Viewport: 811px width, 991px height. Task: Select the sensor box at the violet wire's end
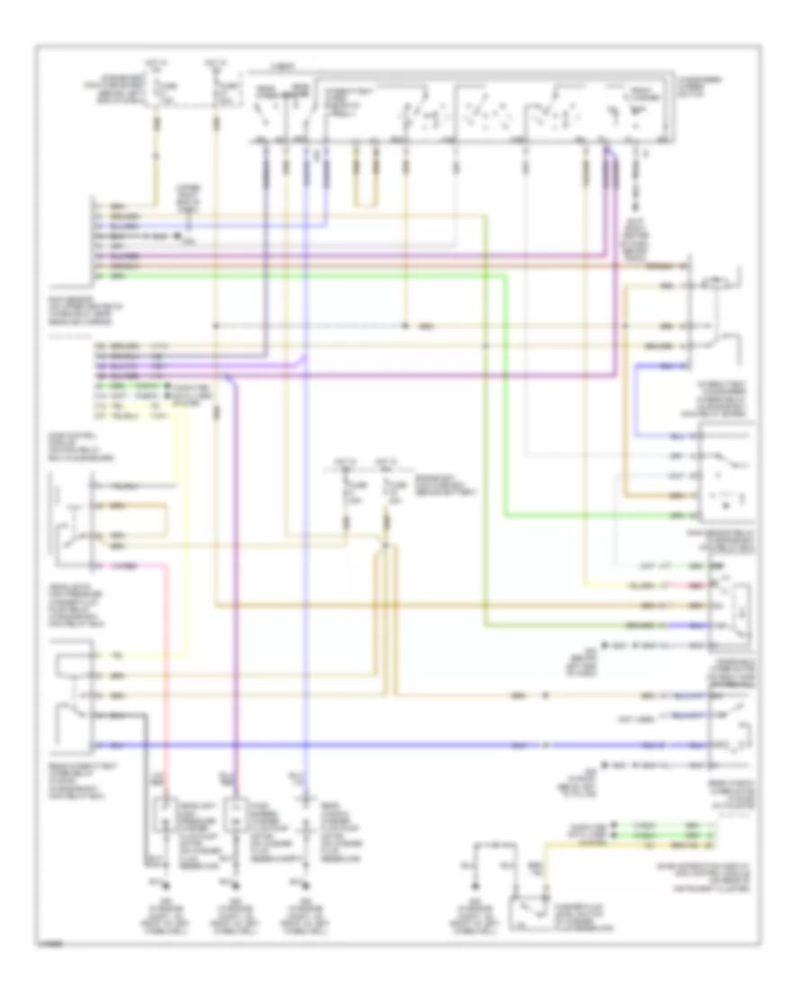click(x=236, y=815)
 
